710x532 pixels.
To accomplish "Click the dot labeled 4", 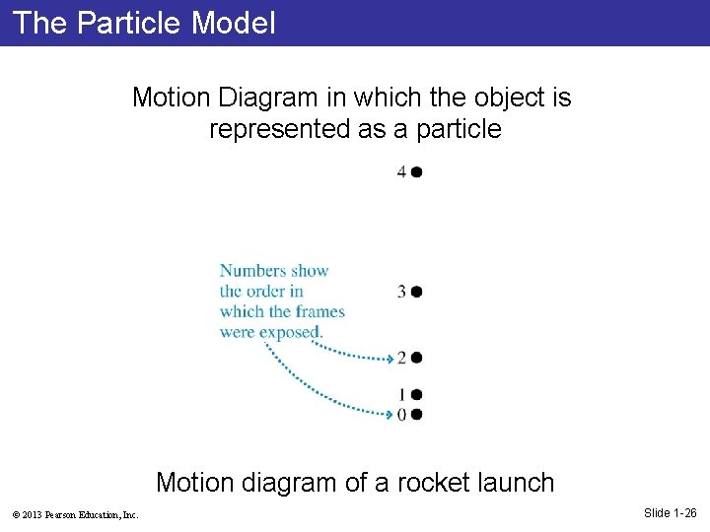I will coord(417,172).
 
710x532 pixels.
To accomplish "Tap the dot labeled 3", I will coord(417,292).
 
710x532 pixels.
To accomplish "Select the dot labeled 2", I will coord(417,358).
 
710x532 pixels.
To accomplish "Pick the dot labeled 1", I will coord(417,395).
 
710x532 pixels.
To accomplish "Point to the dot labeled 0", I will coord(417,415).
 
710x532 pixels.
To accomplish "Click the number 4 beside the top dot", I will coord(401,172).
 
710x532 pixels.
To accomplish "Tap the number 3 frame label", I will coord(401,292).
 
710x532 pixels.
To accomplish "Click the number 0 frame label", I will coord(401,415).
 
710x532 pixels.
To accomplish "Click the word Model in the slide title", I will coord(234,23).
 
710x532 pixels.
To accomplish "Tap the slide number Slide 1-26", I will coord(670,512).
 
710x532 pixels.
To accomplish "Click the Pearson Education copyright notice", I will coord(75,514).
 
